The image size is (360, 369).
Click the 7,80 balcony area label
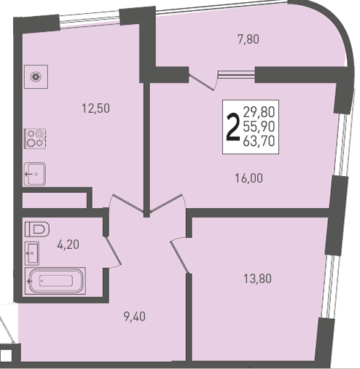(x=249, y=39)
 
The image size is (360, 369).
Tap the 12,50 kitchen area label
(x=95, y=108)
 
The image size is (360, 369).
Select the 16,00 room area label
(x=249, y=178)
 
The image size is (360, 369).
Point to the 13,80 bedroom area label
(x=257, y=279)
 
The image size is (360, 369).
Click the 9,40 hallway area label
(x=135, y=317)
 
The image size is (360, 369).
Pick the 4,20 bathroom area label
(x=69, y=245)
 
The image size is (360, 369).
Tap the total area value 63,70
(x=259, y=141)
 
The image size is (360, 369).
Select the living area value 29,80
(x=259, y=112)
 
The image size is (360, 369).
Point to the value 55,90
(x=259, y=127)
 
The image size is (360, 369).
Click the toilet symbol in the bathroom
(x=37, y=229)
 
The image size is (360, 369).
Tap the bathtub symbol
(x=55, y=281)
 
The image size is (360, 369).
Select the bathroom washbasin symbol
(x=32, y=253)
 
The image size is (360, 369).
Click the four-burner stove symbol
(x=36, y=138)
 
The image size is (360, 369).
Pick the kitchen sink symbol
(x=35, y=174)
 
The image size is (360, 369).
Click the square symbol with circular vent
(x=36, y=76)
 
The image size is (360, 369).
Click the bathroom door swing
(x=112, y=252)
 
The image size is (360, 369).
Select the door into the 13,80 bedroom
(x=179, y=255)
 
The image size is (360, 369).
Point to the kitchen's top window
(x=90, y=19)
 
